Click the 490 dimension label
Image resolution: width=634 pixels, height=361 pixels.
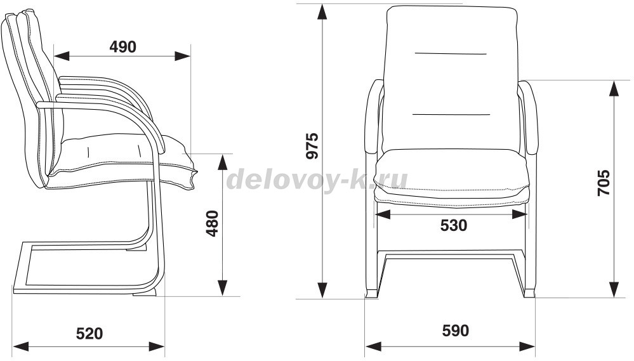[122, 46]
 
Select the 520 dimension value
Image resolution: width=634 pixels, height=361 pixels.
[89, 333]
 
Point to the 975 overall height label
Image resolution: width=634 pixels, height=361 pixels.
[312, 146]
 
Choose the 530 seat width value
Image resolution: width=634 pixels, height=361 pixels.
[453, 225]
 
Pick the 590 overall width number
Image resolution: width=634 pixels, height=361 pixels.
[455, 331]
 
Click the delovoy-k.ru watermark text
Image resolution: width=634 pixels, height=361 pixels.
[317, 180]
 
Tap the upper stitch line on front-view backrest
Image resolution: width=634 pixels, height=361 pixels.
[450, 54]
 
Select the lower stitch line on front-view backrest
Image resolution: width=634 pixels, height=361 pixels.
[451, 114]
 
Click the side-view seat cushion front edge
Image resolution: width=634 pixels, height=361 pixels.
[190, 171]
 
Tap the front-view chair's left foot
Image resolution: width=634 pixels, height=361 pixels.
[371, 294]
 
